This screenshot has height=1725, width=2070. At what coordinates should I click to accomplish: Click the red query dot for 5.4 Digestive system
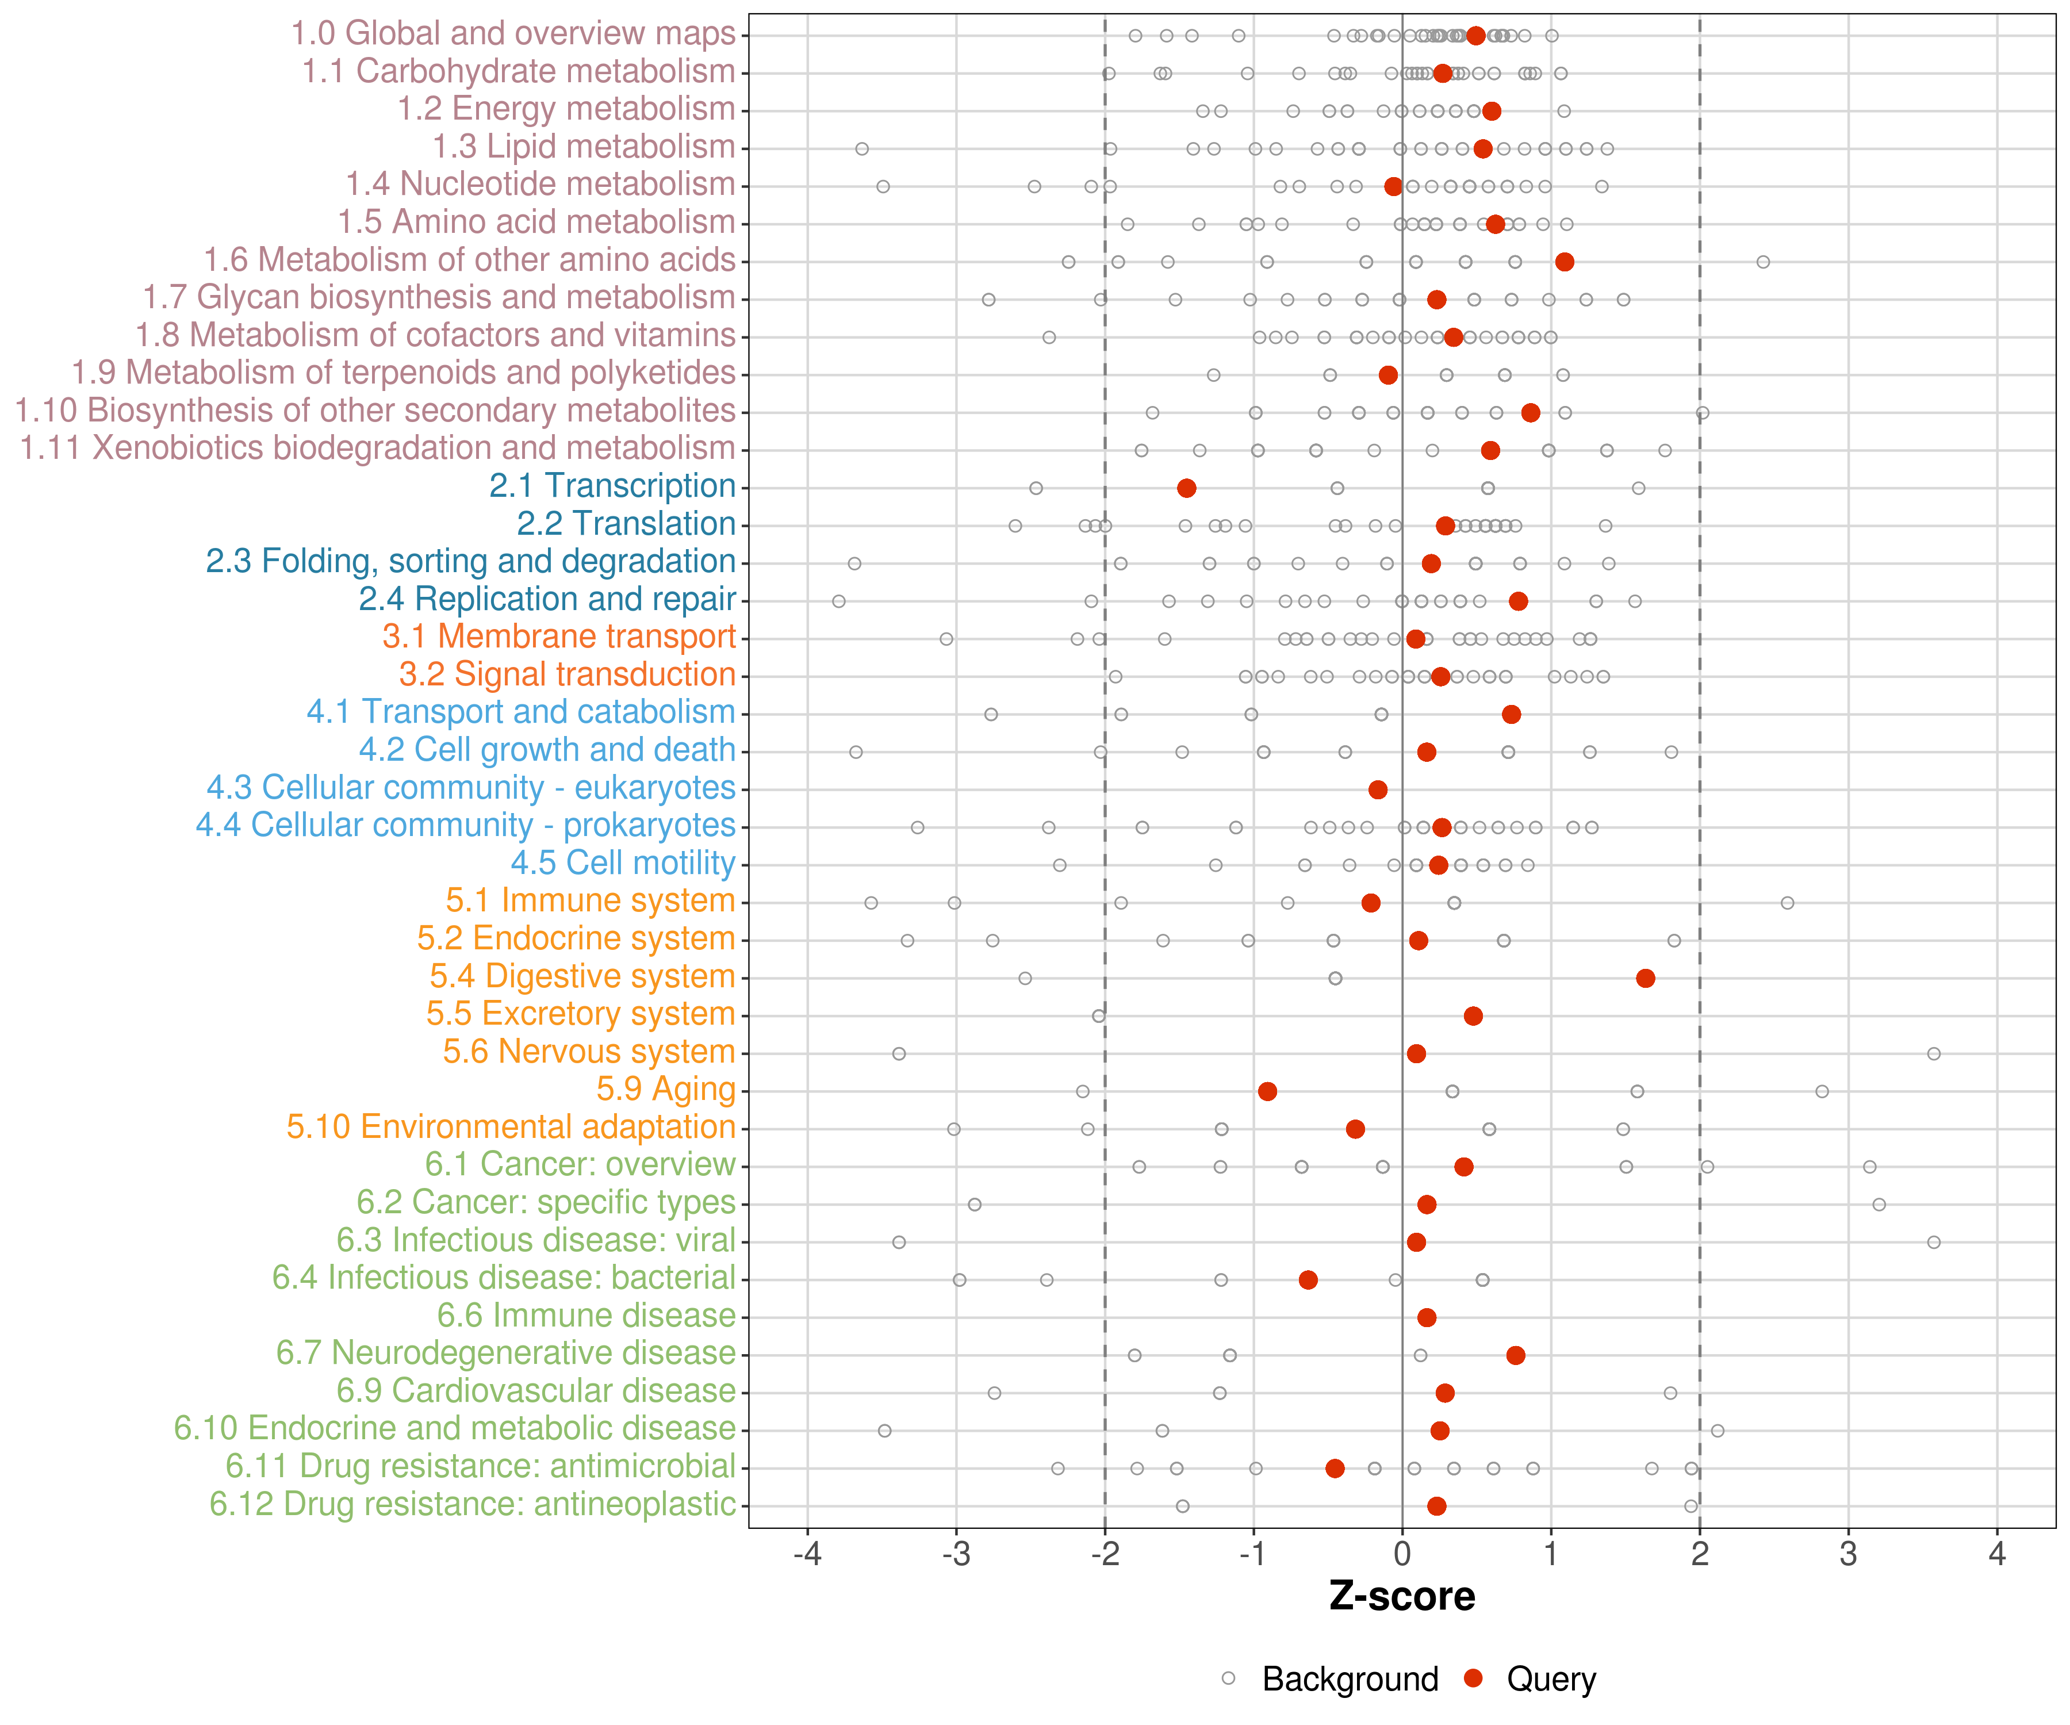click(1645, 978)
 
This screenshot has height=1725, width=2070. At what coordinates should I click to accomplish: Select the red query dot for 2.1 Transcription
click(1187, 488)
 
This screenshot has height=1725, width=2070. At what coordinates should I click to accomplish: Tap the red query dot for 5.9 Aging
click(1268, 1091)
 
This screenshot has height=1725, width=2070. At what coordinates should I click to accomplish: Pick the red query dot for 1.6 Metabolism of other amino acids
click(1565, 261)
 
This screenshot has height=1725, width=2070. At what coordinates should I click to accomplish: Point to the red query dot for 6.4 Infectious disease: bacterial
click(1308, 1279)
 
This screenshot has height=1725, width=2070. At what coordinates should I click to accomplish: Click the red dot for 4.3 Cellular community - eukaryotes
click(1378, 789)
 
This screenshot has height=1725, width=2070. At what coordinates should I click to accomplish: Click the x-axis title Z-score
click(1402, 1596)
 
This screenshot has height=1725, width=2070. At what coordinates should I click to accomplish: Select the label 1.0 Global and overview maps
click(512, 33)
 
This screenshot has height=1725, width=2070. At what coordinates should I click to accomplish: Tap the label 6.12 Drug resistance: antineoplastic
click(472, 1504)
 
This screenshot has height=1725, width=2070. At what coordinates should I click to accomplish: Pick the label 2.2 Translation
click(626, 523)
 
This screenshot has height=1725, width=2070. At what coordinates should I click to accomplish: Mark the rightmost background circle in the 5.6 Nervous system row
click(1934, 1054)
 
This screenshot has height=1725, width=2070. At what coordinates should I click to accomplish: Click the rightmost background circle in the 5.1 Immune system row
click(1787, 903)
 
